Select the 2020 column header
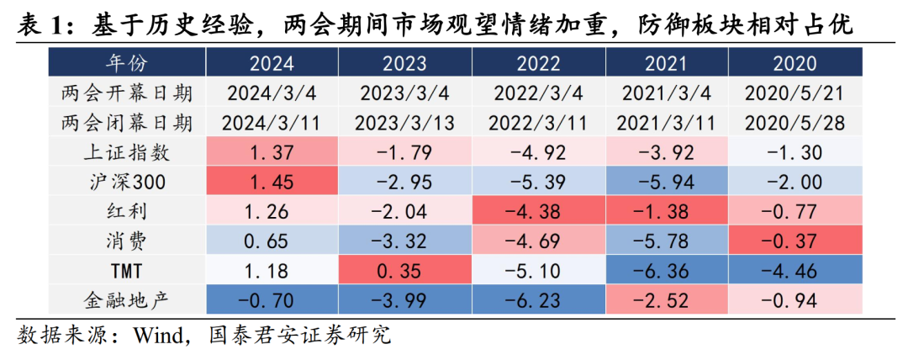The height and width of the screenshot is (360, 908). click(x=794, y=63)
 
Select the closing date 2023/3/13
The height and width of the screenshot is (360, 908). click(x=406, y=123)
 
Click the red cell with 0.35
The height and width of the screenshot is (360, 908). click(x=406, y=272)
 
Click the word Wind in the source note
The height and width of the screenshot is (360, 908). click(x=156, y=336)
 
